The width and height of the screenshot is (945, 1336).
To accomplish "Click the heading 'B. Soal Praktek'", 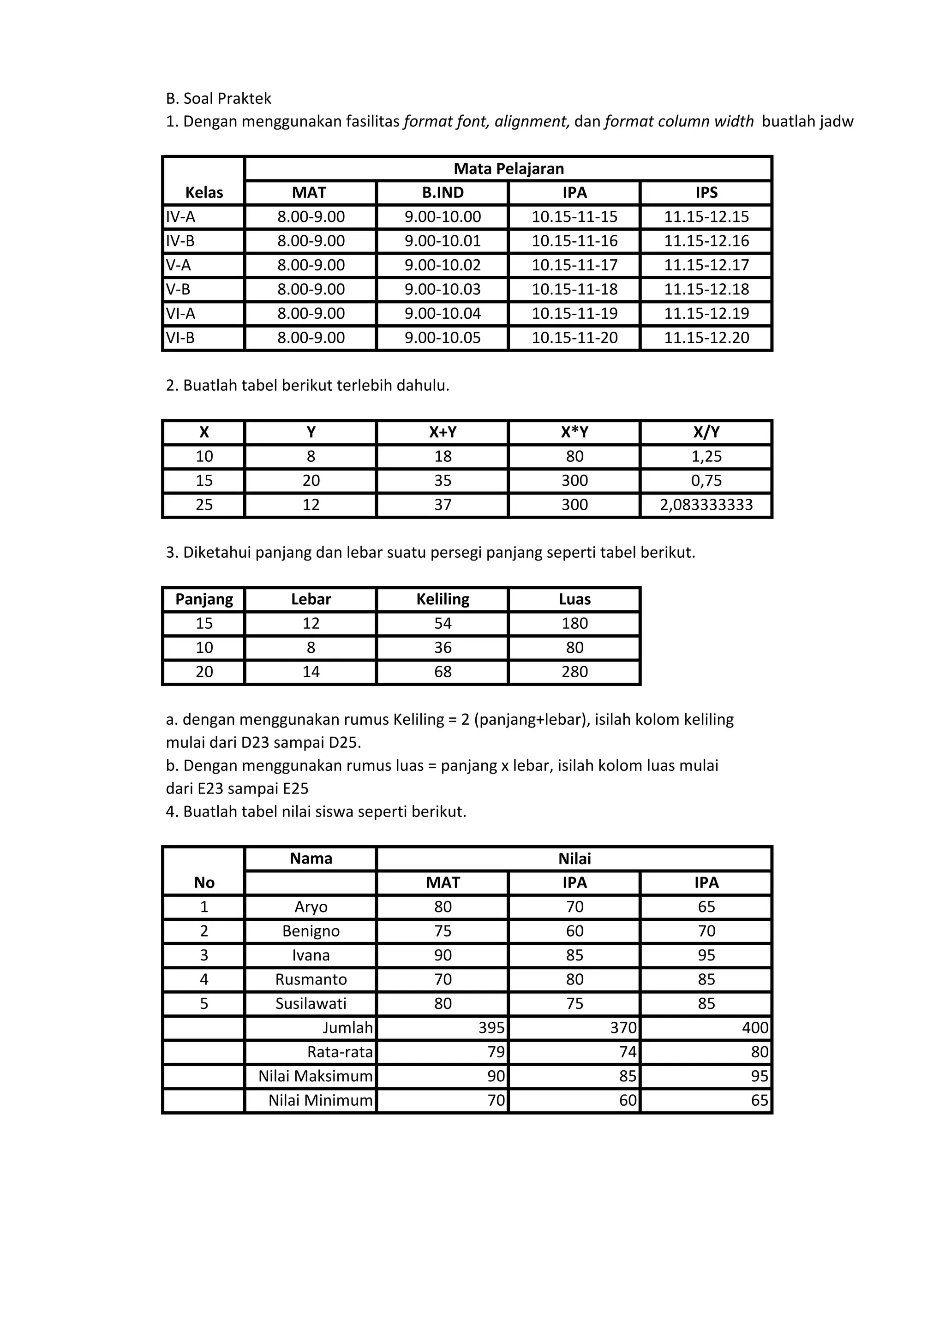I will pos(218,98).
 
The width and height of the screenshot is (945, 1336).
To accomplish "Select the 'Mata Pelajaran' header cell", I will pos(508,169).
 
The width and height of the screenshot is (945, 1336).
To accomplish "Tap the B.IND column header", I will pos(443,192).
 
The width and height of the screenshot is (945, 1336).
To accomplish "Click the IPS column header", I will pos(706,192).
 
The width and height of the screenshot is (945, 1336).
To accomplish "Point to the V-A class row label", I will pos(179,265).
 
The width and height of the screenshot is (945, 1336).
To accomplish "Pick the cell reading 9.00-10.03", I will pos(443,289).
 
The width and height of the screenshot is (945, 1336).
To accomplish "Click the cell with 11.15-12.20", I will pos(706,338).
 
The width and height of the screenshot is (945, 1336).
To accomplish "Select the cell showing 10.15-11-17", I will pos(574,265).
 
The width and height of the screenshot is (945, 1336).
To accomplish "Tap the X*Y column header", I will pos(574,432).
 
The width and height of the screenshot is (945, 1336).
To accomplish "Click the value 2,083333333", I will pos(706,505).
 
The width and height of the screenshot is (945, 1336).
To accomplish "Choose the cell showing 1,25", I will pos(706,456).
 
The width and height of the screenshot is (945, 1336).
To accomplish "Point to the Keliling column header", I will pos(443,599).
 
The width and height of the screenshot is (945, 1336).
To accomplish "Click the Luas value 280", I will pos(574,672).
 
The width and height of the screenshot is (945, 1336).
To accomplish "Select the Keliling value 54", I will pos(443,623).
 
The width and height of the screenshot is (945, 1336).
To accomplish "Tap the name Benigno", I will pos(311,931).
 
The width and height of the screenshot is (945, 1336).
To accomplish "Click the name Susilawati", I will pos(311,1003).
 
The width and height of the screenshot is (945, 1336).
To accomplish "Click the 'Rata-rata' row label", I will pos(340,1051).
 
